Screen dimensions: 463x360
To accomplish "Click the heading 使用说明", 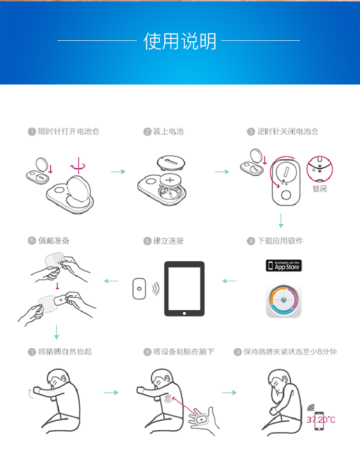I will pos(180,42).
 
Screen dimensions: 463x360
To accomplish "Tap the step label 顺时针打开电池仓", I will pos(68,131).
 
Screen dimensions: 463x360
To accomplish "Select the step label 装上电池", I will pos(168,131).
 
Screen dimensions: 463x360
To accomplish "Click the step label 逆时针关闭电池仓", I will pos(287,131).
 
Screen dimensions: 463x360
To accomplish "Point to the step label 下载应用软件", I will pos(280,241).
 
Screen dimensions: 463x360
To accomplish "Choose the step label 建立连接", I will pos(168,241).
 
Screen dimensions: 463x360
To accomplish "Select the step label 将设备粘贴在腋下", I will pos(184,352).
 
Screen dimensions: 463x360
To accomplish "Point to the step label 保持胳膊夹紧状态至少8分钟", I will pos(290,352).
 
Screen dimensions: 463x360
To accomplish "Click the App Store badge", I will pos(284,266).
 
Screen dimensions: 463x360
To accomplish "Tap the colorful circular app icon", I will pos(284,301).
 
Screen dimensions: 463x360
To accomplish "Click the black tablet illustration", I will pos(184,289).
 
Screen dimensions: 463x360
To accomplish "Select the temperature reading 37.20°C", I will pos(321,420).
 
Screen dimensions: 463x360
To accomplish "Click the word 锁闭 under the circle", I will pos(319,189).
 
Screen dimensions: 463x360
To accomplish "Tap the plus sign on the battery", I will pos(170,180).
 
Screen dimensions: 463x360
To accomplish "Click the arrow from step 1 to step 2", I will pos(118,171).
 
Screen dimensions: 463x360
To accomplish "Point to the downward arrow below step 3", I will pos(281,220).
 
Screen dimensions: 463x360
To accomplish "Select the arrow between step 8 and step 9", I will pos(229,392).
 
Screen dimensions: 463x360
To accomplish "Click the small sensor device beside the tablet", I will pos(139,289).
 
